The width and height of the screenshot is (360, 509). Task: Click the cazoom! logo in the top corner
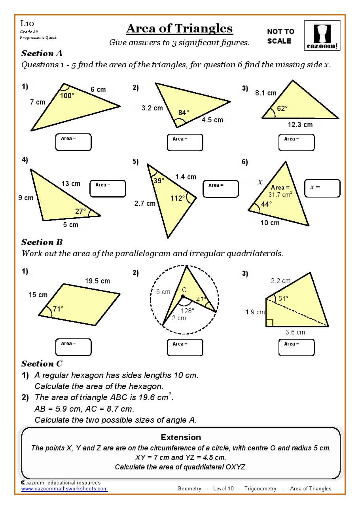(x=322, y=35)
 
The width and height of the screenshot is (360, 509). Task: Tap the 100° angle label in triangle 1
(x=67, y=95)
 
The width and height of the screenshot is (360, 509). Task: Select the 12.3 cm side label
(x=300, y=125)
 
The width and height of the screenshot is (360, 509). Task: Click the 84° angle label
(x=184, y=113)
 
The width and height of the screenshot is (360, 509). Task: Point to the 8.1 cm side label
(x=265, y=93)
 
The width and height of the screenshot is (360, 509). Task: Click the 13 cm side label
(x=71, y=184)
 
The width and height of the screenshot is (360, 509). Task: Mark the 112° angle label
(x=178, y=198)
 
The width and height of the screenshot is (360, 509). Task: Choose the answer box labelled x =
(x=322, y=188)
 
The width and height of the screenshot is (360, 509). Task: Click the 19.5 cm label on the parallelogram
(x=97, y=281)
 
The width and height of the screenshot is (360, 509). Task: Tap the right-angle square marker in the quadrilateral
(x=269, y=323)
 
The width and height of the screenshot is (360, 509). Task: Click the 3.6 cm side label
(x=295, y=332)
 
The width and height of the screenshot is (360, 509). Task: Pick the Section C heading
(x=42, y=364)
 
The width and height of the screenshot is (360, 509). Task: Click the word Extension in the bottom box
(x=181, y=437)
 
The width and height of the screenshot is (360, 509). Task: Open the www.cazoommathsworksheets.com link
(x=64, y=489)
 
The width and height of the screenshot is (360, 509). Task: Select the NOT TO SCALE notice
(x=280, y=36)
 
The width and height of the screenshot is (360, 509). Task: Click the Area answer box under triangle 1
(x=73, y=142)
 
